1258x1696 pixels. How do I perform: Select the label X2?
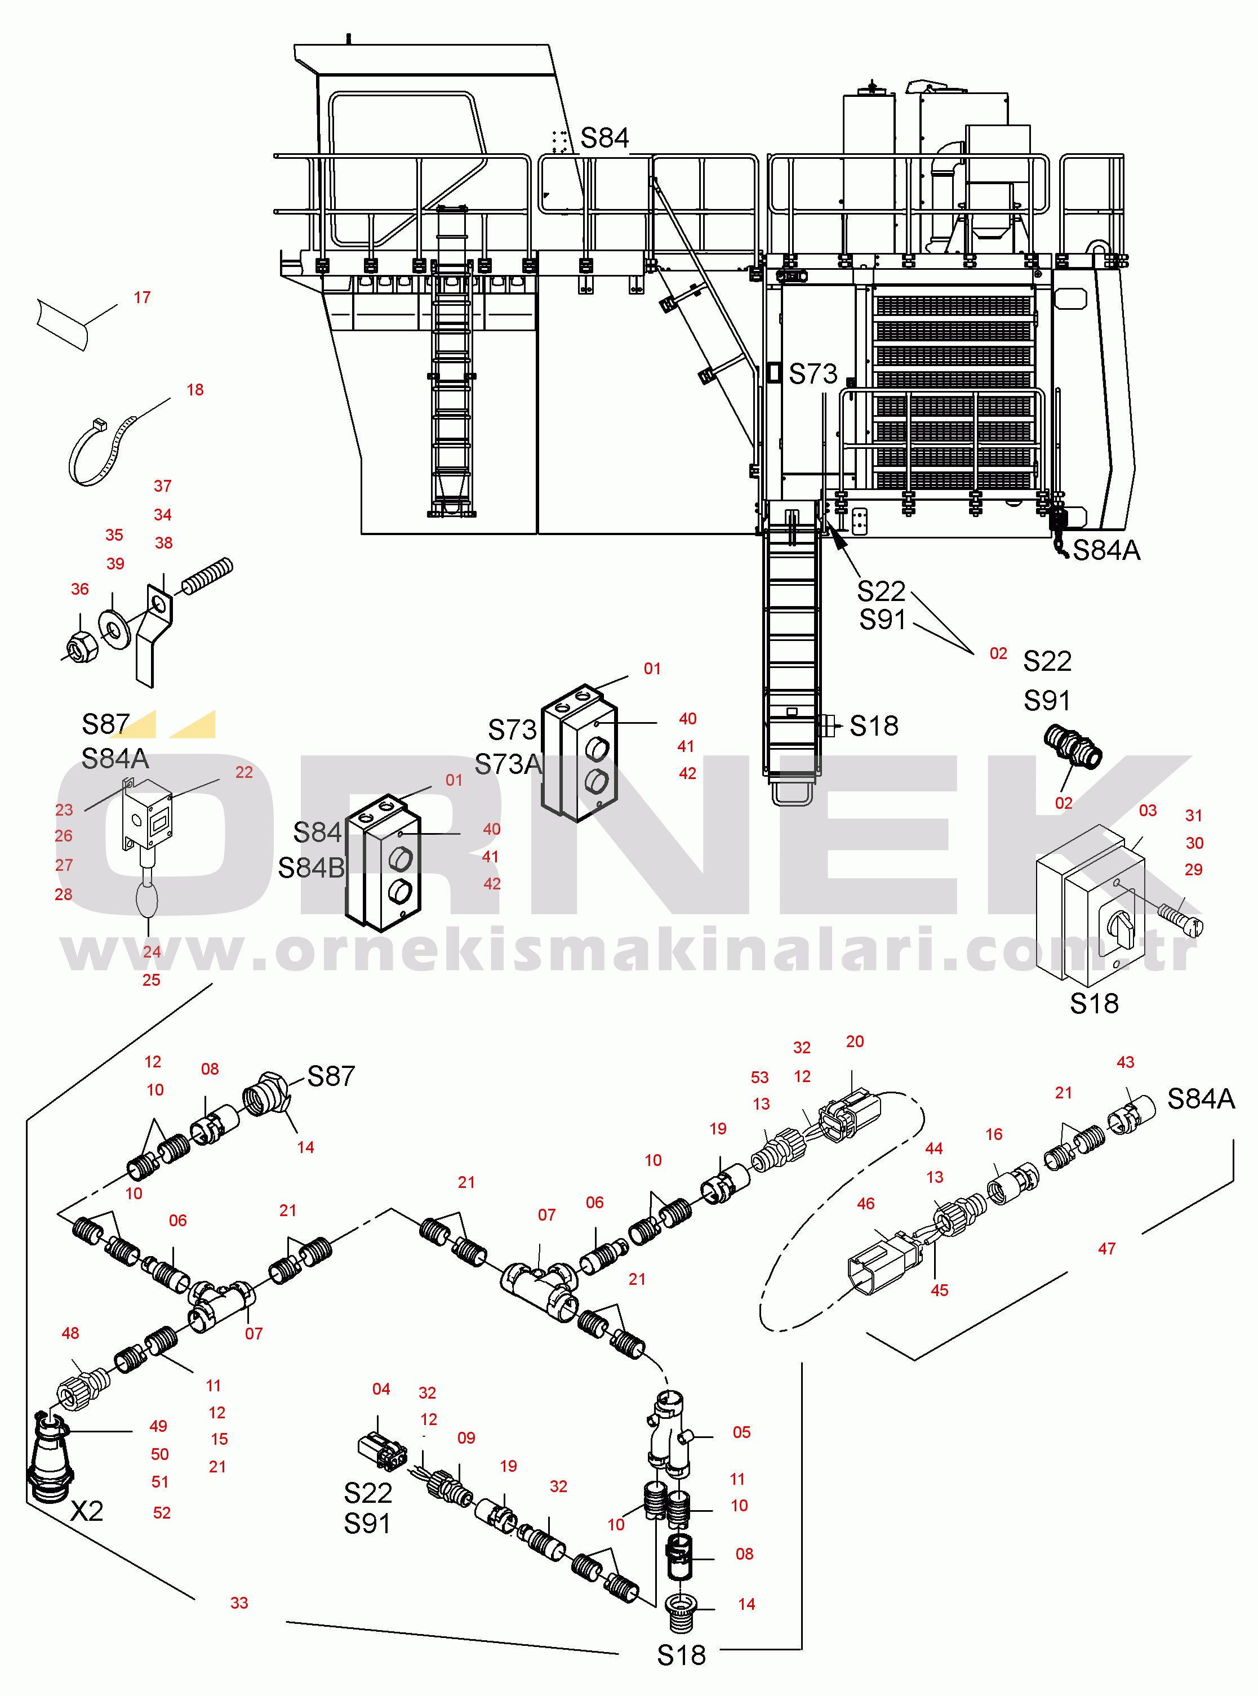point(86,1510)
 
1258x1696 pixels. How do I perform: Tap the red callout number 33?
point(239,1602)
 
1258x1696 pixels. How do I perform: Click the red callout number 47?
point(1106,1248)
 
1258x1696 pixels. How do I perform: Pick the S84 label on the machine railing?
point(604,139)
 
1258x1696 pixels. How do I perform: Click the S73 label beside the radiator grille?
point(812,374)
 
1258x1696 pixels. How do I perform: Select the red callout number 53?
point(759,1077)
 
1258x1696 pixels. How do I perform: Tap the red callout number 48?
point(70,1333)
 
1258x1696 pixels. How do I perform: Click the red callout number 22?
point(244,772)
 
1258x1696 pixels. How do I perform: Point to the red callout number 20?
point(855,1041)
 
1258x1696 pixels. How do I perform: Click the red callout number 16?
point(994,1134)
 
